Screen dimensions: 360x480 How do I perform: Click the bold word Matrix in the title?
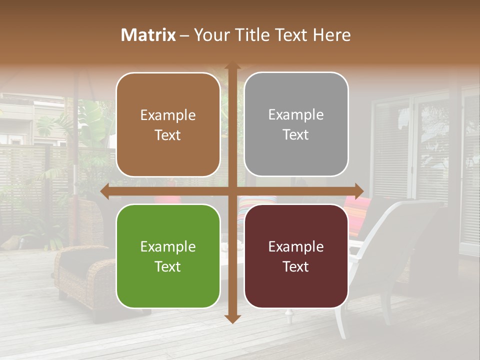[x=148, y=35]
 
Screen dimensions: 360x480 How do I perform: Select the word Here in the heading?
[x=331, y=35]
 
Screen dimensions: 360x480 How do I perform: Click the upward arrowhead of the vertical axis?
[x=232, y=66]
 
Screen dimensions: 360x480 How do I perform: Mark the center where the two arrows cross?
[x=232, y=191]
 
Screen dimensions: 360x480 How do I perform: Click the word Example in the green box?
[x=168, y=246]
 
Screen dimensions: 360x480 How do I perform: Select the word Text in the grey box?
[x=296, y=135]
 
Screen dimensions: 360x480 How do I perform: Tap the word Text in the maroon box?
[x=296, y=266]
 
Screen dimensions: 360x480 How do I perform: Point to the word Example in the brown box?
[x=168, y=115]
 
